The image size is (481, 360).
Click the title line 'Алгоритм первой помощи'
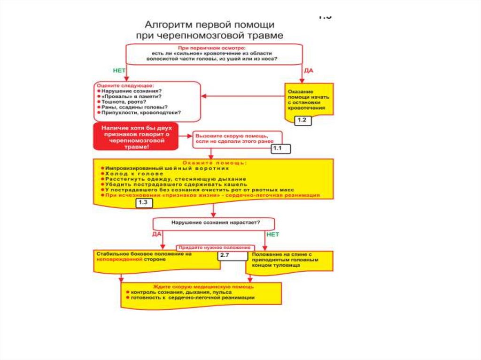pyautogui.click(x=209, y=24)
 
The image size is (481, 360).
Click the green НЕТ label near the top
pyautogui.click(x=119, y=70)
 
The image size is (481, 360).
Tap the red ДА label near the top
pyautogui.click(x=309, y=70)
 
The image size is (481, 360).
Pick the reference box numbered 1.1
pyautogui.click(x=281, y=149)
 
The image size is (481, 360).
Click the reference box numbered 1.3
pyautogui.click(x=144, y=203)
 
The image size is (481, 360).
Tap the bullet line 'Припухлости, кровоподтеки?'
pyautogui.click(x=140, y=113)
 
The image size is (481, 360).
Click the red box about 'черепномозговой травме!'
pyautogui.click(x=136, y=137)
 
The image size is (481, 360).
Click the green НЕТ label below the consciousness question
pyautogui.click(x=272, y=233)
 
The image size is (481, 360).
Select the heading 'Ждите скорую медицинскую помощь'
pyautogui.click(x=203, y=286)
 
